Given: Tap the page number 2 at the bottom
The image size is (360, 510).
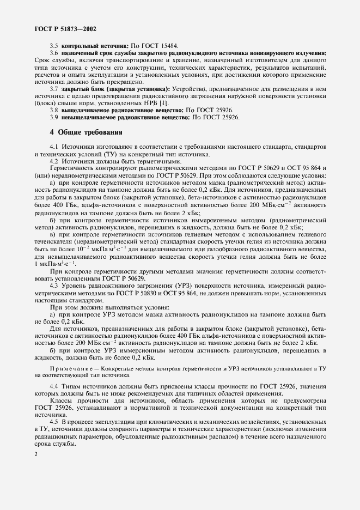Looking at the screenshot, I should [x=35, y=453].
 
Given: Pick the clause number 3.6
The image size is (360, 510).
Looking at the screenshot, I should [x=54, y=53].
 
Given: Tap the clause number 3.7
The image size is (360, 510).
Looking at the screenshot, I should [x=54, y=88].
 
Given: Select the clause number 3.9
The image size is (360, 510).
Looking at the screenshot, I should [x=54, y=117].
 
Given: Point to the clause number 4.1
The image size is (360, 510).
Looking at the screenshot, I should [x=54, y=147].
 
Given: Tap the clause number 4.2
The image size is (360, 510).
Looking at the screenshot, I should [x=54, y=161].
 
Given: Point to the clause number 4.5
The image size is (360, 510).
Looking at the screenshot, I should [x=54, y=422].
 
